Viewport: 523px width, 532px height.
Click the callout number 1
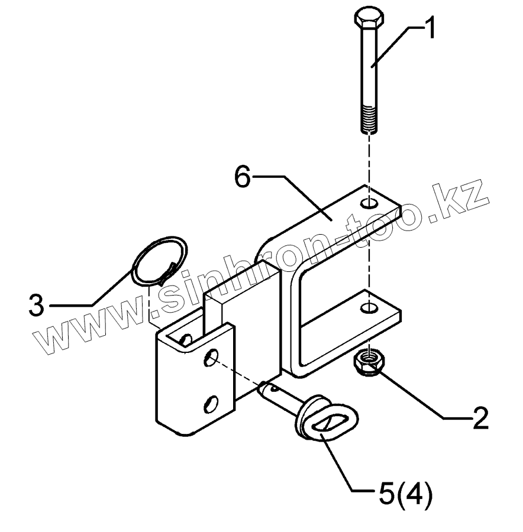(431, 28)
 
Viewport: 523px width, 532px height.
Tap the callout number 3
(37, 305)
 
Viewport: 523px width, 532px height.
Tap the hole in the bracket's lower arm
(369, 308)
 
